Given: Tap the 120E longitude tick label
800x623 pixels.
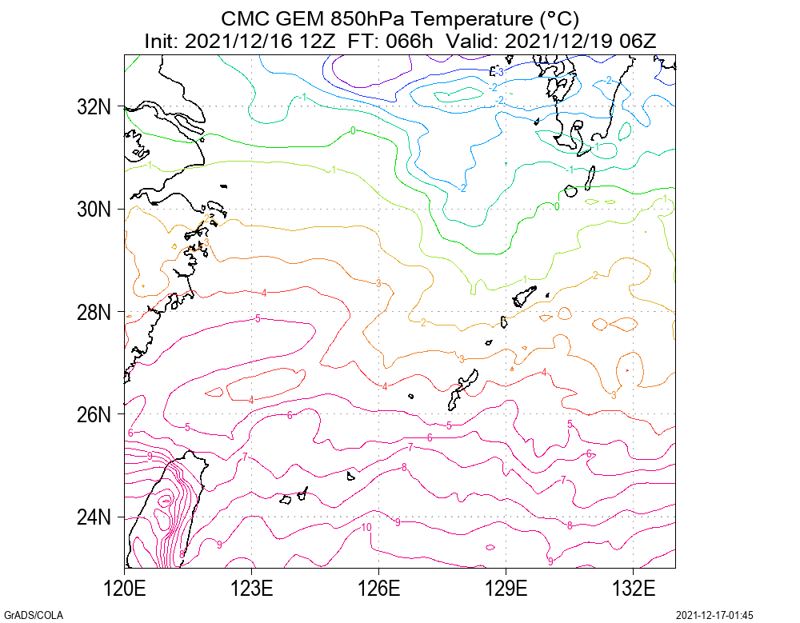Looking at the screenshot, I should point(125,591).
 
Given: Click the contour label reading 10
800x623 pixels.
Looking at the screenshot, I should point(366,528).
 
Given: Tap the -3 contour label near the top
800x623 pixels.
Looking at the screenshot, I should point(498,72).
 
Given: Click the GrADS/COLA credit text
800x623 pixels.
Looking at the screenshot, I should point(34,615).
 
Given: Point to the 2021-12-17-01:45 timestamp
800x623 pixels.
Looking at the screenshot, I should point(715,615).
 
